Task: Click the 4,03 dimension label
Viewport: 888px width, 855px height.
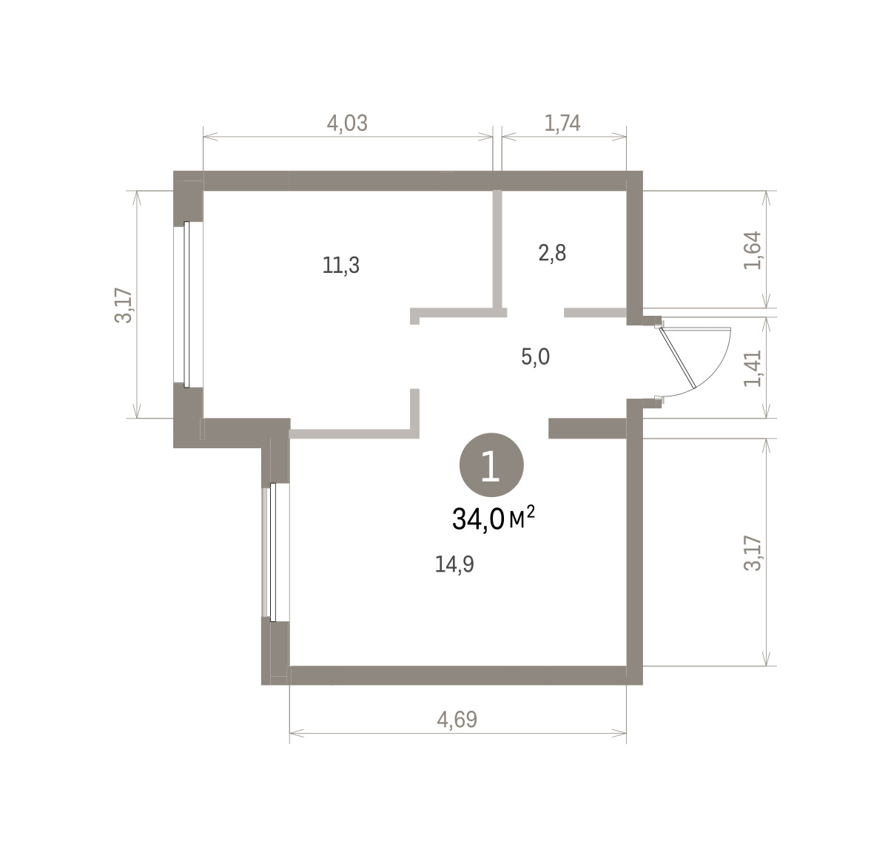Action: (347, 123)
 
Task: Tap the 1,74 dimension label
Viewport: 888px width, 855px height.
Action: (562, 123)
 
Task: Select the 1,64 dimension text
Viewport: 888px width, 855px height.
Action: (753, 250)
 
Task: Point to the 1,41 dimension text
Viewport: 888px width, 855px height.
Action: (753, 368)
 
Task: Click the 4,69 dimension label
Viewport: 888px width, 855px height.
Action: (457, 720)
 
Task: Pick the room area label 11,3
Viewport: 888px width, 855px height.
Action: (341, 265)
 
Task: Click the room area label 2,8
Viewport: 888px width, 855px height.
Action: (552, 253)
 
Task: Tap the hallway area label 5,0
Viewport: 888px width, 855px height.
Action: (535, 356)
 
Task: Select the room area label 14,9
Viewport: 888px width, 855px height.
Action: (454, 564)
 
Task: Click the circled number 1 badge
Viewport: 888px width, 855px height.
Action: (491, 464)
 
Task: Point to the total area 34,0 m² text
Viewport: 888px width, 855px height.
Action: (494, 518)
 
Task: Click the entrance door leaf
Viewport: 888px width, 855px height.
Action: (677, 357)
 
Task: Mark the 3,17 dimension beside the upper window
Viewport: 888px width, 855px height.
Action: (123, 305)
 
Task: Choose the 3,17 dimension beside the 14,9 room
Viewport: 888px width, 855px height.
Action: (753, 553)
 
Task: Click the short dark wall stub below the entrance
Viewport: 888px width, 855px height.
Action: (588, 428)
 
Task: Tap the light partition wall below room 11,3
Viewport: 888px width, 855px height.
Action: (354, 433)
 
